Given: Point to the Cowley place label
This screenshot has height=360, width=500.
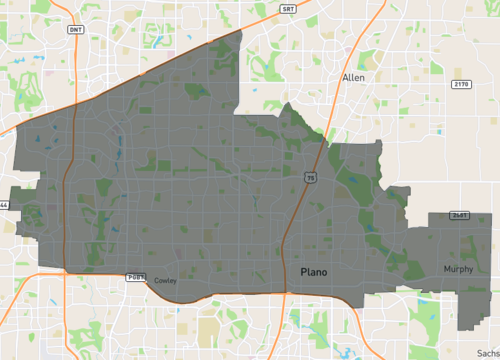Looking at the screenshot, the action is [x=165, y=281].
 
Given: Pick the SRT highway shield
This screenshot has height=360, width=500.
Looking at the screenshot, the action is [x=288, y=7].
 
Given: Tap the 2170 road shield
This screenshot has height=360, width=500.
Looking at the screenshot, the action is [x=460, y=84].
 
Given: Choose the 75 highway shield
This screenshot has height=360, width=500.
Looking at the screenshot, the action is [x=311, y=176].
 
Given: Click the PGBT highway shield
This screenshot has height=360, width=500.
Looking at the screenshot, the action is [x=136, y=276].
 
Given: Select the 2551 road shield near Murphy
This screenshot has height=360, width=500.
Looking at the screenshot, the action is [x=460, y=214].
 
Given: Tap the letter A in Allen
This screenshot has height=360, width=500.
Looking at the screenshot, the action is [x=344, y=76].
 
